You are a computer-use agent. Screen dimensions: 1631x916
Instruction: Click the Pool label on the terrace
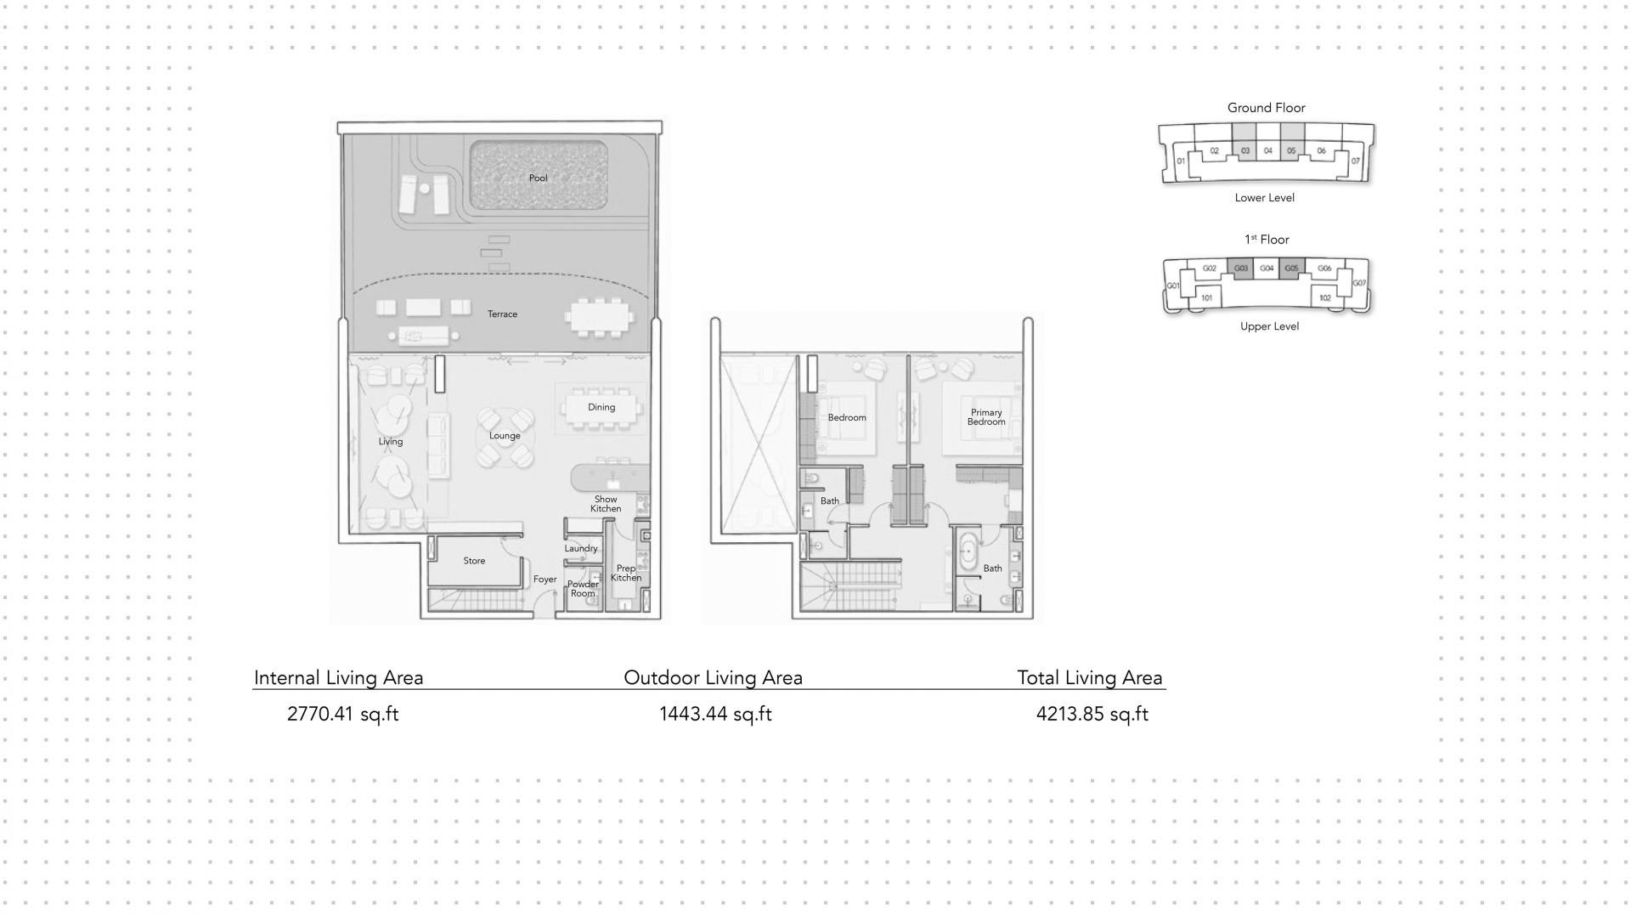coord(538,178)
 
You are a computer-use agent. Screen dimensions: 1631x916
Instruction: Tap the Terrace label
coord(502,314)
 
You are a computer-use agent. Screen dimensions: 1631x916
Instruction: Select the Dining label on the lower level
coord(601,408)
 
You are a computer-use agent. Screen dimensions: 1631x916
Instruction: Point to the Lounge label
coord(505,436)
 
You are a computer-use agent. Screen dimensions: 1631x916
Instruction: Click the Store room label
coord(474,561)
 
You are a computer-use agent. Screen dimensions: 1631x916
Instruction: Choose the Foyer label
coord(545,580)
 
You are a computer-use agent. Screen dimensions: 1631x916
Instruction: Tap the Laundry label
coord(581,549)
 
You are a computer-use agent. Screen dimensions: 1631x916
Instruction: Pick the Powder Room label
coord(583,589)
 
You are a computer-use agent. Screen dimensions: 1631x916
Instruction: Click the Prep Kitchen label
coord(626,574)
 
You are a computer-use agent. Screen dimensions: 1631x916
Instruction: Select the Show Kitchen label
coord(606,504)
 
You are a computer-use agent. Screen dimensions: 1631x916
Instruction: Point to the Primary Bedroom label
coord(986,417)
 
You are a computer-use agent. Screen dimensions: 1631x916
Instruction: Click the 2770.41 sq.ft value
coord(343,714)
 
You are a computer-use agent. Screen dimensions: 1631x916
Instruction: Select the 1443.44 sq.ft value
coord(715,714)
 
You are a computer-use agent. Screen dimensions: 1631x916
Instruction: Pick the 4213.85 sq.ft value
coord(1092,714)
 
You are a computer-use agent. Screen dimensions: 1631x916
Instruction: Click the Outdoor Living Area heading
coord(714,678)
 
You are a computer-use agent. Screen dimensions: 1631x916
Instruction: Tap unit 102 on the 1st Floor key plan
coord(1324,298)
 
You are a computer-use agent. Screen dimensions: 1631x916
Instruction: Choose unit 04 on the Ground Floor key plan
coord(1268,151)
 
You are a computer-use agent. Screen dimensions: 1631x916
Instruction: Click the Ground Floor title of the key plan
coord(1266,108)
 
